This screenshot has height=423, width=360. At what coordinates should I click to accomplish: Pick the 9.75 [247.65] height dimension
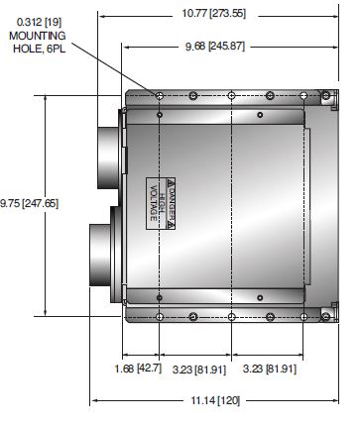(28, 204)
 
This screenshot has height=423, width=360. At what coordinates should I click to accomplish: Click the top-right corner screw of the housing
(324, 97)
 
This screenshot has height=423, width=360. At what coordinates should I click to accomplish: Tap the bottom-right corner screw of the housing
(324, 317)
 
